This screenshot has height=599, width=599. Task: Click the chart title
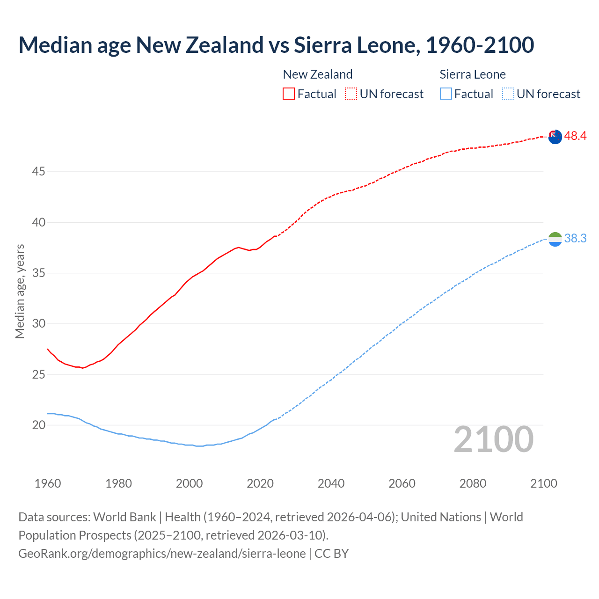coord(276,45)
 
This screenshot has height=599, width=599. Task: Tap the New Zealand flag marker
coord(555,137)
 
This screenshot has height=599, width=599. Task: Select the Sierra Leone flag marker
coord(555,239)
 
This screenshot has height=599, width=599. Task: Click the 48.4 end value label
coord(575,136)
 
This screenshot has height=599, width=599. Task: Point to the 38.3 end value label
coord(575,239)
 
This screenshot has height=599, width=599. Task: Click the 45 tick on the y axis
coord(38,172)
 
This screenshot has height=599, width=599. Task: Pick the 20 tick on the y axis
coord(38,425)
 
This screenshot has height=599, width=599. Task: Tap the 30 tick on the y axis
coord(38,324)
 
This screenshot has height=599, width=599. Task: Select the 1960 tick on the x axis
coord(48,483)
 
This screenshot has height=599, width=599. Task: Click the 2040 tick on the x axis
coord(331,483)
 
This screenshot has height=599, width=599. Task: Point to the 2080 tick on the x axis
coord(473,483)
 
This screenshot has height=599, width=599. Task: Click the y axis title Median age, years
coord(20,291)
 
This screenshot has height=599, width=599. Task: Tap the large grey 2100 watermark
coord(493,439)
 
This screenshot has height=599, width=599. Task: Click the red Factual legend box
coord(289,94)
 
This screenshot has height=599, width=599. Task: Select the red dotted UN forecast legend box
coord(351,94)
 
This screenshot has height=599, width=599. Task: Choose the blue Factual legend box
coord(446,94)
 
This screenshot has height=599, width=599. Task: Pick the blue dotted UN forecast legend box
coord(508,94)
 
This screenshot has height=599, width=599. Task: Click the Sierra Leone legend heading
coord(473,74)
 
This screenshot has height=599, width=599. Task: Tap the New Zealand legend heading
coord(318,74)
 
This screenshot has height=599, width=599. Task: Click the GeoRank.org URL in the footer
coord(162,554)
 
